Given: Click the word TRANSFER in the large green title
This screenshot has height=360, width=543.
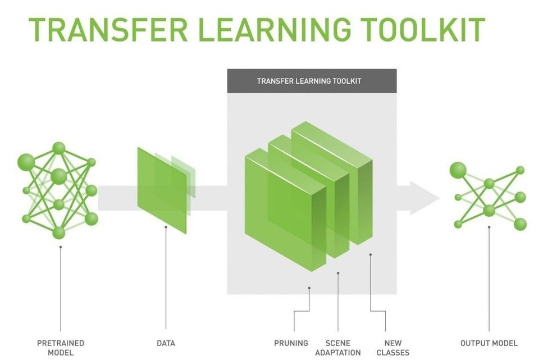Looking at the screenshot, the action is [x=108, y=30].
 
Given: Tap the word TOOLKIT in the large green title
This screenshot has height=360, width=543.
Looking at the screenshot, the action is [x=422, y=30].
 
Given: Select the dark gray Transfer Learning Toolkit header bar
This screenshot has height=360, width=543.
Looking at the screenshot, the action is [x=312, y=81].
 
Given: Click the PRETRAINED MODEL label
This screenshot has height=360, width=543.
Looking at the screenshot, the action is [x=61, y=348].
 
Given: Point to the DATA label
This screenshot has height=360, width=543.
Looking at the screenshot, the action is [x=166, y=343].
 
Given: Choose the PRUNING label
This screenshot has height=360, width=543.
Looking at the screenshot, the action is [x=291, y=343].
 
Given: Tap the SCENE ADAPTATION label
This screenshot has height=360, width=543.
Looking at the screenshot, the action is [x=338, y=348].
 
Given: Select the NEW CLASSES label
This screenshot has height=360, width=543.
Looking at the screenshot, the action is [x=393, y=348].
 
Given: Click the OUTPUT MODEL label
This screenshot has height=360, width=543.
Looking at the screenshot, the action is [x=489, y=343].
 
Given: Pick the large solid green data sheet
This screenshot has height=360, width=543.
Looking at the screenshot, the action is [x=162, y=190].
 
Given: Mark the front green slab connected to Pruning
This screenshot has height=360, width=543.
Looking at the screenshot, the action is [x=286, y=210].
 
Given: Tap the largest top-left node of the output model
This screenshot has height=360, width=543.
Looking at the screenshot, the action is [x=458, y=170].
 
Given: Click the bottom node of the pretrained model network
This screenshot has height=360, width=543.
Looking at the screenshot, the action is [x=59, y=233].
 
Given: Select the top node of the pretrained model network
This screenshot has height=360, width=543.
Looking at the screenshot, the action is [x=59, y=148].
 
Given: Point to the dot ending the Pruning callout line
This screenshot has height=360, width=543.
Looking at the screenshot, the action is [x=309, y=288].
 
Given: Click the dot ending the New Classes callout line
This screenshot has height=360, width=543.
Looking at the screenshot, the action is [x=371, y=254].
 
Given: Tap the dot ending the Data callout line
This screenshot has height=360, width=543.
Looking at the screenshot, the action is [x=166, y=227].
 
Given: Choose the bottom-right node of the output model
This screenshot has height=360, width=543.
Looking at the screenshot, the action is [x=520, y=224].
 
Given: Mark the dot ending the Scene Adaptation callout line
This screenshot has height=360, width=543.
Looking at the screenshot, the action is [x=338, y=274].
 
